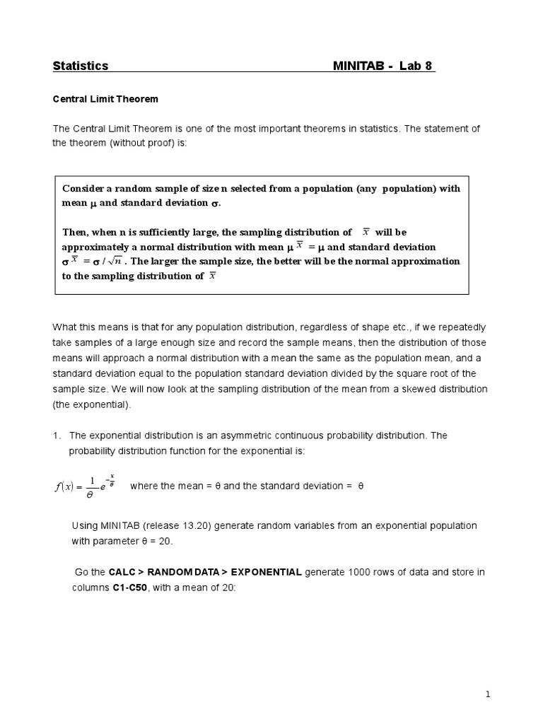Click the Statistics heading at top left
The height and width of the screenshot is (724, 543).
[81, 66]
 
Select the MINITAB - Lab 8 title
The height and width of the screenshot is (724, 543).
[382, 66]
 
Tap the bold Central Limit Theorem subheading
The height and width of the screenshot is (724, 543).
[105, 99]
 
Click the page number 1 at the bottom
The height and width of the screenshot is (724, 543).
[488, 694]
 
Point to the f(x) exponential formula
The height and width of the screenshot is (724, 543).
[84, 487]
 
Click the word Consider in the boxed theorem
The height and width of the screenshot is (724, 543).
[83, 188]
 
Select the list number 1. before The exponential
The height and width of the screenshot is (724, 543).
[57, 436]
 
